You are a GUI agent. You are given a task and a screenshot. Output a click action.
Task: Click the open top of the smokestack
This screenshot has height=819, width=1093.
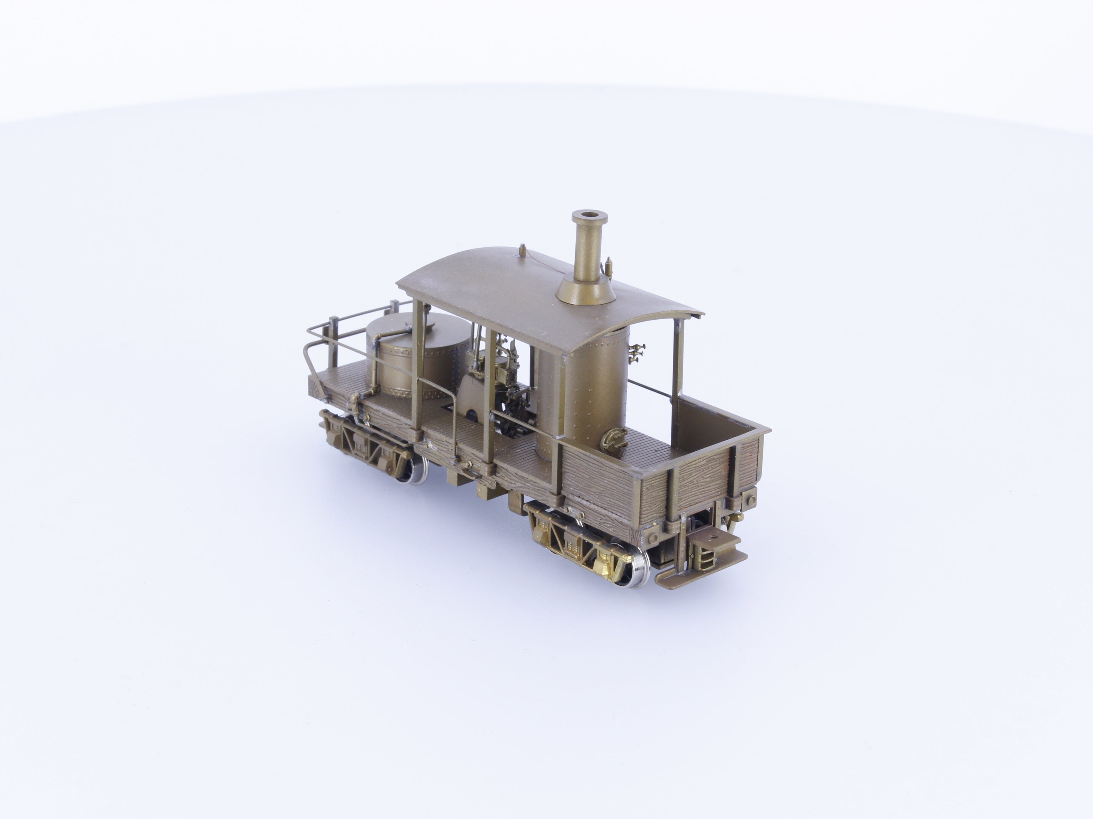coord(588,215)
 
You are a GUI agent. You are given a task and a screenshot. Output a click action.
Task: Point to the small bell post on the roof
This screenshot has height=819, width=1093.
coord(522,251)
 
